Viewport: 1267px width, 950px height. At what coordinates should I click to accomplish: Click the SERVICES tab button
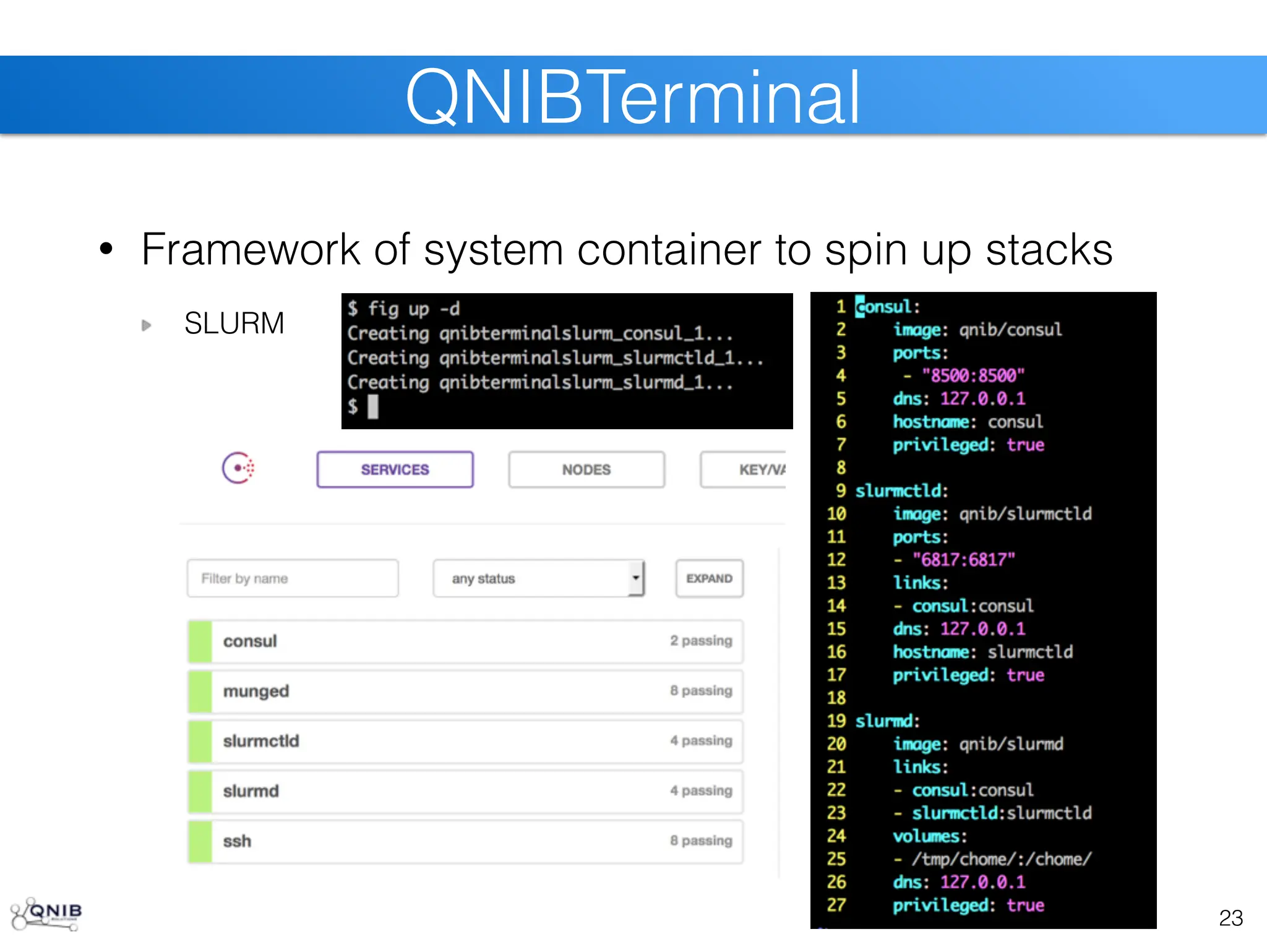[x=395, y=469]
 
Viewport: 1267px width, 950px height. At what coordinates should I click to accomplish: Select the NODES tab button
[x=586, y=469]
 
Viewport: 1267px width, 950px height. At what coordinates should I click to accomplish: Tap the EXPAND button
[x=709, y=578]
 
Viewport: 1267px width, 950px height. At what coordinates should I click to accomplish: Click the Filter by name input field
[x=293, y=578]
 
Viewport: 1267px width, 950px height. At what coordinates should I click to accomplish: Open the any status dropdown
[x=538, y=578]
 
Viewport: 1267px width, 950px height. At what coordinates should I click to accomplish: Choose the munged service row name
[x=256, y=691]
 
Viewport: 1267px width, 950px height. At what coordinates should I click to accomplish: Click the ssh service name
[x=237, y=841]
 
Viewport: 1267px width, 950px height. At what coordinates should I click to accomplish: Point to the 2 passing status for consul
[x=700, y=641]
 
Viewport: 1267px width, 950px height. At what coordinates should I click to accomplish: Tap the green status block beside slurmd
[x=200, y=791]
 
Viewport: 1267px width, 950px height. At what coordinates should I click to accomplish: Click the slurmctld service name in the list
[x=261, y=741]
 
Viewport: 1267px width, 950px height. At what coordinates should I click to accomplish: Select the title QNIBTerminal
[x=632, y=97]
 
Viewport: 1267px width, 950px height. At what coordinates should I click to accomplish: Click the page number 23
[x=1230, y=918]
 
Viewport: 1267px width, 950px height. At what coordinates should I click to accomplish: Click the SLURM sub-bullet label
[x=234, y=323]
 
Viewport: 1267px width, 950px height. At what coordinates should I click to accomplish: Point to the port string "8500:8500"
[x=973, y=375]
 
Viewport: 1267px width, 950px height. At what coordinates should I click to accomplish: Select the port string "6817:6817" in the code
[x=964, y=560]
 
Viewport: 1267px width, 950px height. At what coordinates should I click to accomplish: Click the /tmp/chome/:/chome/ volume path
[x=1002, y=859]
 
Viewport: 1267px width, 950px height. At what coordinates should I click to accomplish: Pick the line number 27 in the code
[x=836, y=905]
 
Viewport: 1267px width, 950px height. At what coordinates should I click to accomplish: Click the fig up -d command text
[x=413, y=309]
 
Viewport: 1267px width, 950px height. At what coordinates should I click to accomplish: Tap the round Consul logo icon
[x=238, y=468]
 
